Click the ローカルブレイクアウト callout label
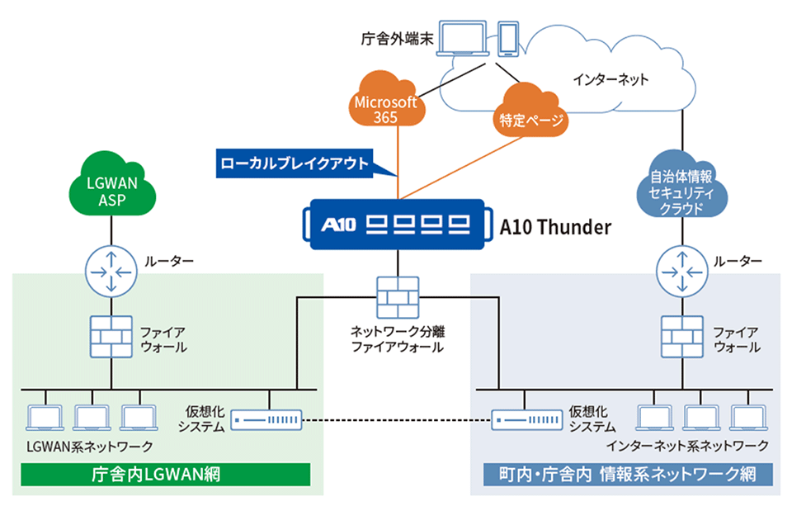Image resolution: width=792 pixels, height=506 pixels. point(295,163)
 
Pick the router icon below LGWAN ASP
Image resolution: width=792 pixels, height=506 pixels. point(111,269)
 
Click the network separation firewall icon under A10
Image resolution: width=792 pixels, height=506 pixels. point(398,296)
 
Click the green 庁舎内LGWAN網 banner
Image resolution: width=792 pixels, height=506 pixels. point(164,475)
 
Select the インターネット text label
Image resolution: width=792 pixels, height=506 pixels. point(610,80)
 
